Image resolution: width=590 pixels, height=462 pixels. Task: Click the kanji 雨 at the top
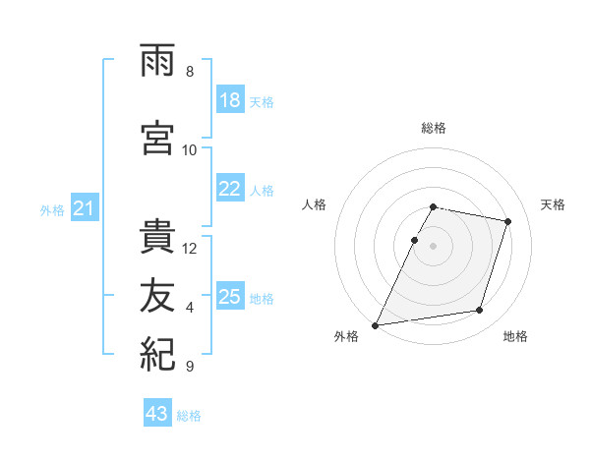click(x=157, y=60)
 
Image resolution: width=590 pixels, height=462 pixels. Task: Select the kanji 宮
click(x=157, y=138)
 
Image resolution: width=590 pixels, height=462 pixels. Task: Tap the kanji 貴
click(x=157, y=236)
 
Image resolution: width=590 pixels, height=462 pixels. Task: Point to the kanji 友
click(x=157, y=295)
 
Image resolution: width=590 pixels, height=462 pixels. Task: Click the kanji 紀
click(x=157, y=354)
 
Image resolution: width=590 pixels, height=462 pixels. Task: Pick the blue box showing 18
click(x=230, y=99)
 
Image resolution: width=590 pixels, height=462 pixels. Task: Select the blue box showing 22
click(x=230, y=188)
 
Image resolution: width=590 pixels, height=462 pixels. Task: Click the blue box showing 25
click(x=230, y=295)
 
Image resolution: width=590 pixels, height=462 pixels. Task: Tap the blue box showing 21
click(x=85, y=207)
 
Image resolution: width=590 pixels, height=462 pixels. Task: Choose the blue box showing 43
click(x=157, y=412)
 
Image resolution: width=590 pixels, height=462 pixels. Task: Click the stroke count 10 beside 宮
click(x=189, y=150)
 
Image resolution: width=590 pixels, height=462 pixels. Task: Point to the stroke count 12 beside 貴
click(x=189, y=249)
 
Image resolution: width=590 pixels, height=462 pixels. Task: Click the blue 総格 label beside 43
click(x=189, y=416)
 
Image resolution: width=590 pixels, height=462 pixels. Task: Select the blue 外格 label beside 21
click(x=52, y=210)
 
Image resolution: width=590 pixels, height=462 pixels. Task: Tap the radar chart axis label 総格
click(x=434, y=128)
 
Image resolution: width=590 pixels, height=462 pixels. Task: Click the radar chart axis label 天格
click(x=553, y=204)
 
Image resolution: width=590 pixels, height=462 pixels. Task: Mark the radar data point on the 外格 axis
click(x=376, y=325)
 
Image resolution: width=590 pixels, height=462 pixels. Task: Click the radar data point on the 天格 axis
click(x=508, y=221)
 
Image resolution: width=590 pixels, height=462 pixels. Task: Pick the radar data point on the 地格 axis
click(x=480, y=310)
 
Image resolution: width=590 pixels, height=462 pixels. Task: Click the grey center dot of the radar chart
click(x=433, y=246)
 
